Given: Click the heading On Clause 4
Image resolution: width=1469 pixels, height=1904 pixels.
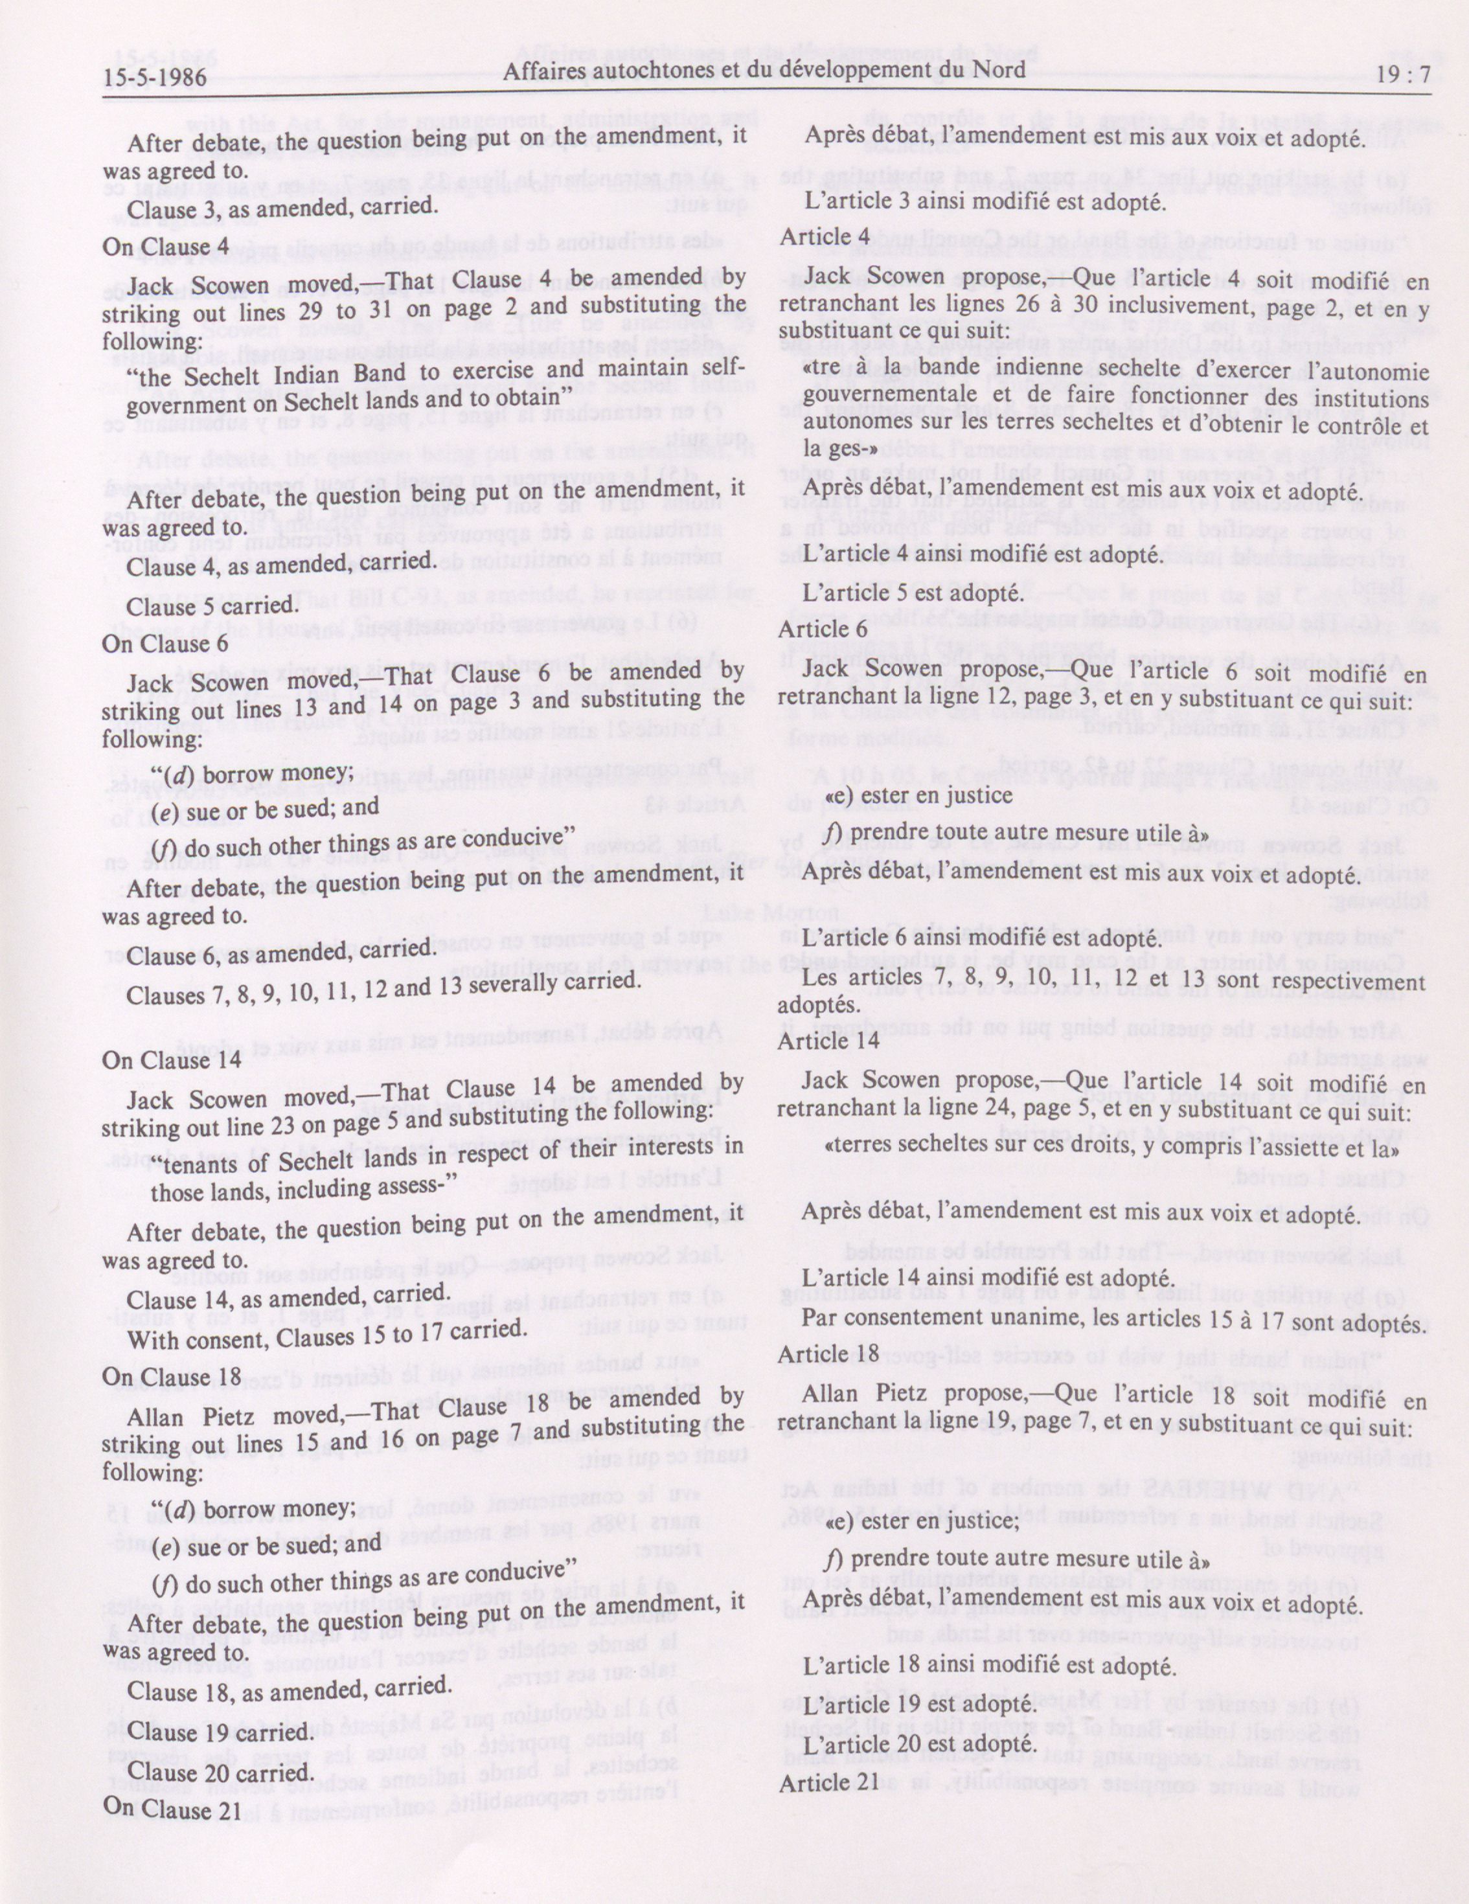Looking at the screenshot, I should [166, 247].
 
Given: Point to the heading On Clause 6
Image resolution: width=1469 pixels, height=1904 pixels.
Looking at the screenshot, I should [166, 642].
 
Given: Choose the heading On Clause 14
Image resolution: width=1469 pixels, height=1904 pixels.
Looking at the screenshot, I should [171, 1060].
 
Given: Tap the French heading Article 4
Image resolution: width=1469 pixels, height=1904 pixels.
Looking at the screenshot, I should [825, 236].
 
